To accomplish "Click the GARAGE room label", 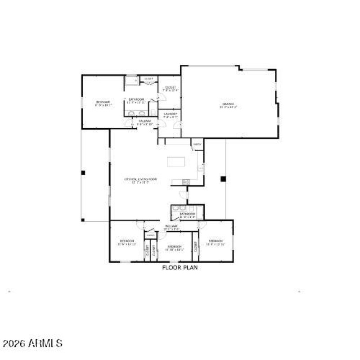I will coord(228,106).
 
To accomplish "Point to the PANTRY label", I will coord(197,144).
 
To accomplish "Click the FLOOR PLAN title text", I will coord(180,267).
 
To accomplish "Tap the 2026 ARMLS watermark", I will coord(32,344).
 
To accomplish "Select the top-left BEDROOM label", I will coord(103,103).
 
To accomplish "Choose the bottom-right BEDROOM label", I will coord(215,243).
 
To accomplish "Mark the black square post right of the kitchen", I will coord(222,179).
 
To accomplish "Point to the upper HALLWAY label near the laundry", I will coord(145,122).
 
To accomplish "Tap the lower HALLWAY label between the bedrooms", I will coord(171,227).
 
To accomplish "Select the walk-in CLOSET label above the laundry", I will coord(171,88).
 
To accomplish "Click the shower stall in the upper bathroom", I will coord(132,81).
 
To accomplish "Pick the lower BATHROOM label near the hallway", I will coord(187,215).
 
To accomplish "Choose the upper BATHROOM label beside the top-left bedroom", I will coord(136,100).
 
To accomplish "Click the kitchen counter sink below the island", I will coord(184,182).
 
